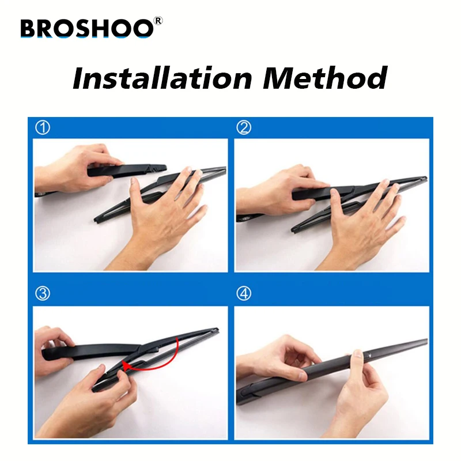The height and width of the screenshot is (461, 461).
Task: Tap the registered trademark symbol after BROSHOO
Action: (x=158, y=21)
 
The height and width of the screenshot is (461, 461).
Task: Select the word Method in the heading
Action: (x=326, y=78)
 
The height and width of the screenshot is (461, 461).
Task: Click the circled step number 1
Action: (x=42, y=127)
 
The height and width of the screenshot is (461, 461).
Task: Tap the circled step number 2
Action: (x=244, y=127)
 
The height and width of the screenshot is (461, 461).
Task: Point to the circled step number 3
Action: (x=42, y=293)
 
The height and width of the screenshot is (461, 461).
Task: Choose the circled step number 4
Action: (x=244, y=293)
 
